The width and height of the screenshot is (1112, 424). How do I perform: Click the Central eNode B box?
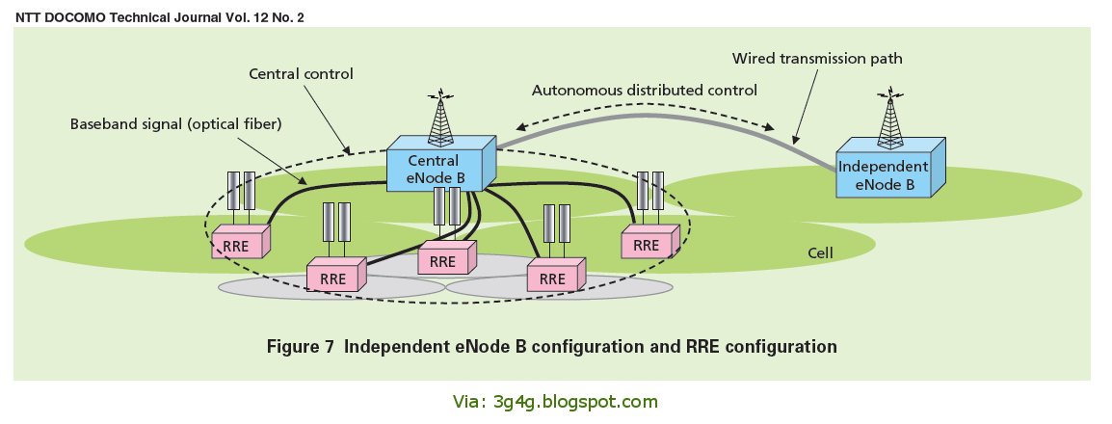pos(438,170)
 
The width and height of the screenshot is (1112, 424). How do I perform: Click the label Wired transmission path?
pos(816,59)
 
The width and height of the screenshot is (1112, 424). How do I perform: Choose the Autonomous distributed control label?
pos(645,90)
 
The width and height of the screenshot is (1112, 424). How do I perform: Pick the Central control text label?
pos(301,73)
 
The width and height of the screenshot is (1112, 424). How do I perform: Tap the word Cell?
pos(820,254)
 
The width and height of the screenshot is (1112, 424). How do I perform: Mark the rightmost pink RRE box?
pos(647,244)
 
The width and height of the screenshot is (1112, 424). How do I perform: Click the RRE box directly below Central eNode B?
pos(443,260)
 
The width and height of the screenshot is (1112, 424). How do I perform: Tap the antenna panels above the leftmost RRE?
pos(240,191)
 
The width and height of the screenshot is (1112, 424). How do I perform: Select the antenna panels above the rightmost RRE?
pos(649,191)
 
